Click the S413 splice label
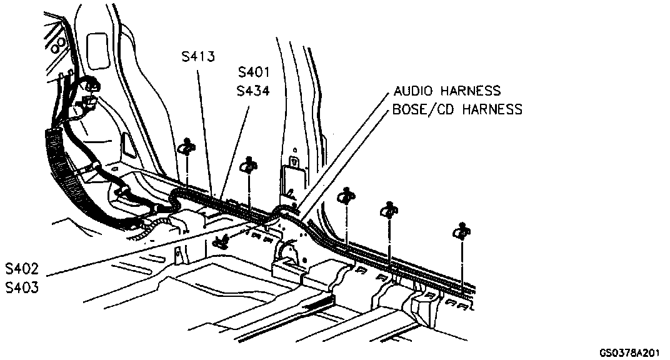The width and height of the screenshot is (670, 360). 198,57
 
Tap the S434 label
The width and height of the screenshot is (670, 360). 253,91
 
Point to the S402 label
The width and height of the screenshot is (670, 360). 22,269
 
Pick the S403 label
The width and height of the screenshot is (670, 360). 22,289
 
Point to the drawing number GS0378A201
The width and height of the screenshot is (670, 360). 629,352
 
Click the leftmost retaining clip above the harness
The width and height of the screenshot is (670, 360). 187,147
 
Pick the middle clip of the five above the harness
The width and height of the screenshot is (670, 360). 346,197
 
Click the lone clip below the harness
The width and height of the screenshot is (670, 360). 221,241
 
